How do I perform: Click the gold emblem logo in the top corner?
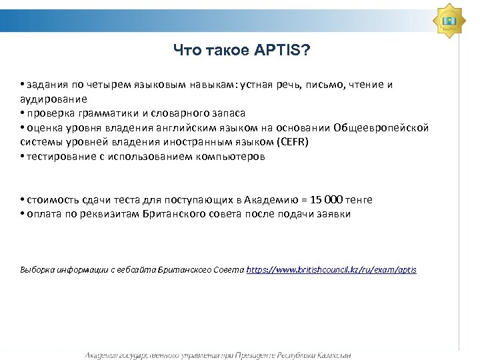pyautogui.click(x=449, y=20)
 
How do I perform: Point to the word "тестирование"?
pyautogui.click(x=57, y=157)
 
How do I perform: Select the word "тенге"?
pyautogui.click(x=359, y=199)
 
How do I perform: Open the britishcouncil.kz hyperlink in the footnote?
pyautogui.click(x=331, y=270)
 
